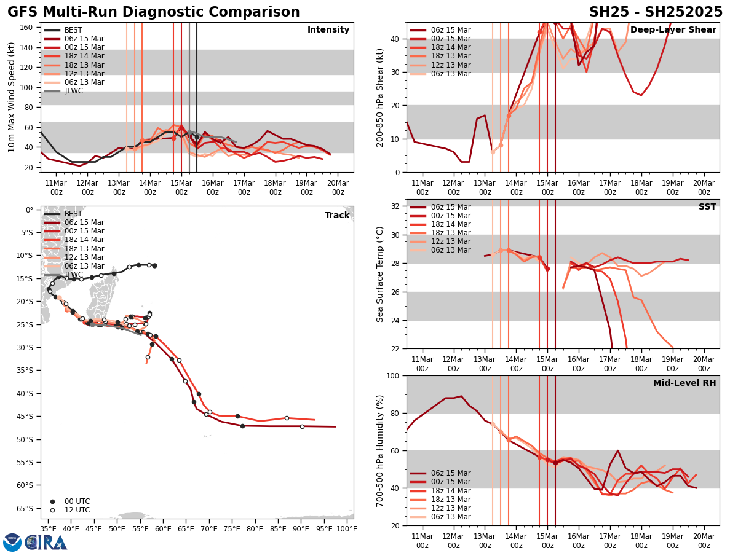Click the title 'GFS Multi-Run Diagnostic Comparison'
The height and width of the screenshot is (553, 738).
click(x=154, y=12)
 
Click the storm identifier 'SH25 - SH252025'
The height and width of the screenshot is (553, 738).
click(x=656, y=12)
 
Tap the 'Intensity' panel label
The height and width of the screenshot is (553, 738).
click(x=328, y=30)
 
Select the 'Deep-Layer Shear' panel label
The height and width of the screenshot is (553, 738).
click(x=673, y=30)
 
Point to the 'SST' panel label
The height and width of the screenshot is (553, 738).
click(x=707, y=207)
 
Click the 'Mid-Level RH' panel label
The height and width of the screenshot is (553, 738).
click(x=684, y=383)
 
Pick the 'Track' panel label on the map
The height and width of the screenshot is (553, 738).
click(x=337, y=216)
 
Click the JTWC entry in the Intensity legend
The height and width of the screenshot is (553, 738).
click(x=74, y=91)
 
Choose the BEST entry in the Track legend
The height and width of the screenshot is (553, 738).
click(x=73, y=214)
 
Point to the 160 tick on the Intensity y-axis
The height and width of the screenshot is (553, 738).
click(x=27, y=28)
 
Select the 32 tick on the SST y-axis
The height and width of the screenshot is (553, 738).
click(x=396, y=206)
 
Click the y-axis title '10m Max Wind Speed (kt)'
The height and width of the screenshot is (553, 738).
click(x=12, y=97)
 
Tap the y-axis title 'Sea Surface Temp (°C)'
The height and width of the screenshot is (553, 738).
click(x=381, y=274)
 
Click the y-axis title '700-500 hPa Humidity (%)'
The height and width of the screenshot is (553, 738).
click(x=381, y=450)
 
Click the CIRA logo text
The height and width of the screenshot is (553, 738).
click(x=46, y=542)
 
